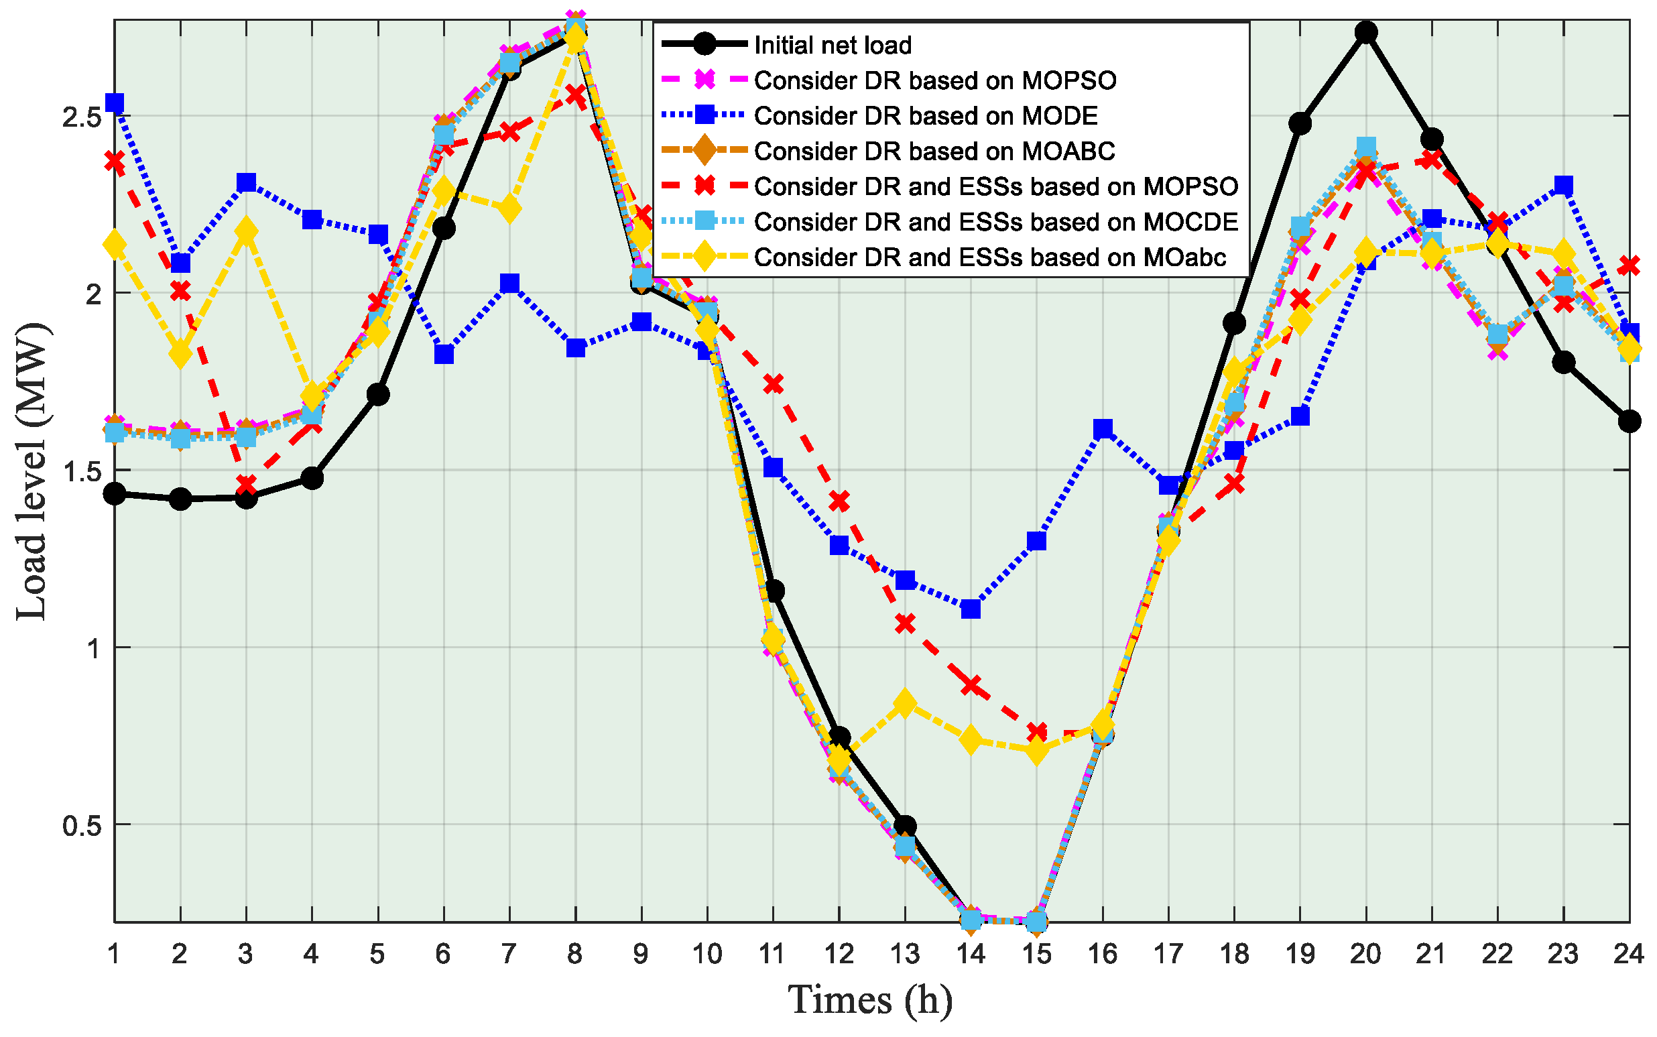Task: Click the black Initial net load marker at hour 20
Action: coord(1365,32)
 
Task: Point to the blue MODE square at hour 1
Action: coord(115,103)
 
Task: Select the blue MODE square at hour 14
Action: coord(971,609)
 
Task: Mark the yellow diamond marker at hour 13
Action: coord(905,704)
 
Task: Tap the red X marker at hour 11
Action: coord(773,384)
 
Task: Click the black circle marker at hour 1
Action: coord(115,493)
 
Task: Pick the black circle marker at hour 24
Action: coord(1629,421)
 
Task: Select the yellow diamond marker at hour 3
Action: coord(246,233)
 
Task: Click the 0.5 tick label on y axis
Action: coord(82,825)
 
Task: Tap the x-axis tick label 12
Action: coord(838,954)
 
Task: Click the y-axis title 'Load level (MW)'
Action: coord(32,472)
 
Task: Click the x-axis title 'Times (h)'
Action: coord(869,1000)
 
